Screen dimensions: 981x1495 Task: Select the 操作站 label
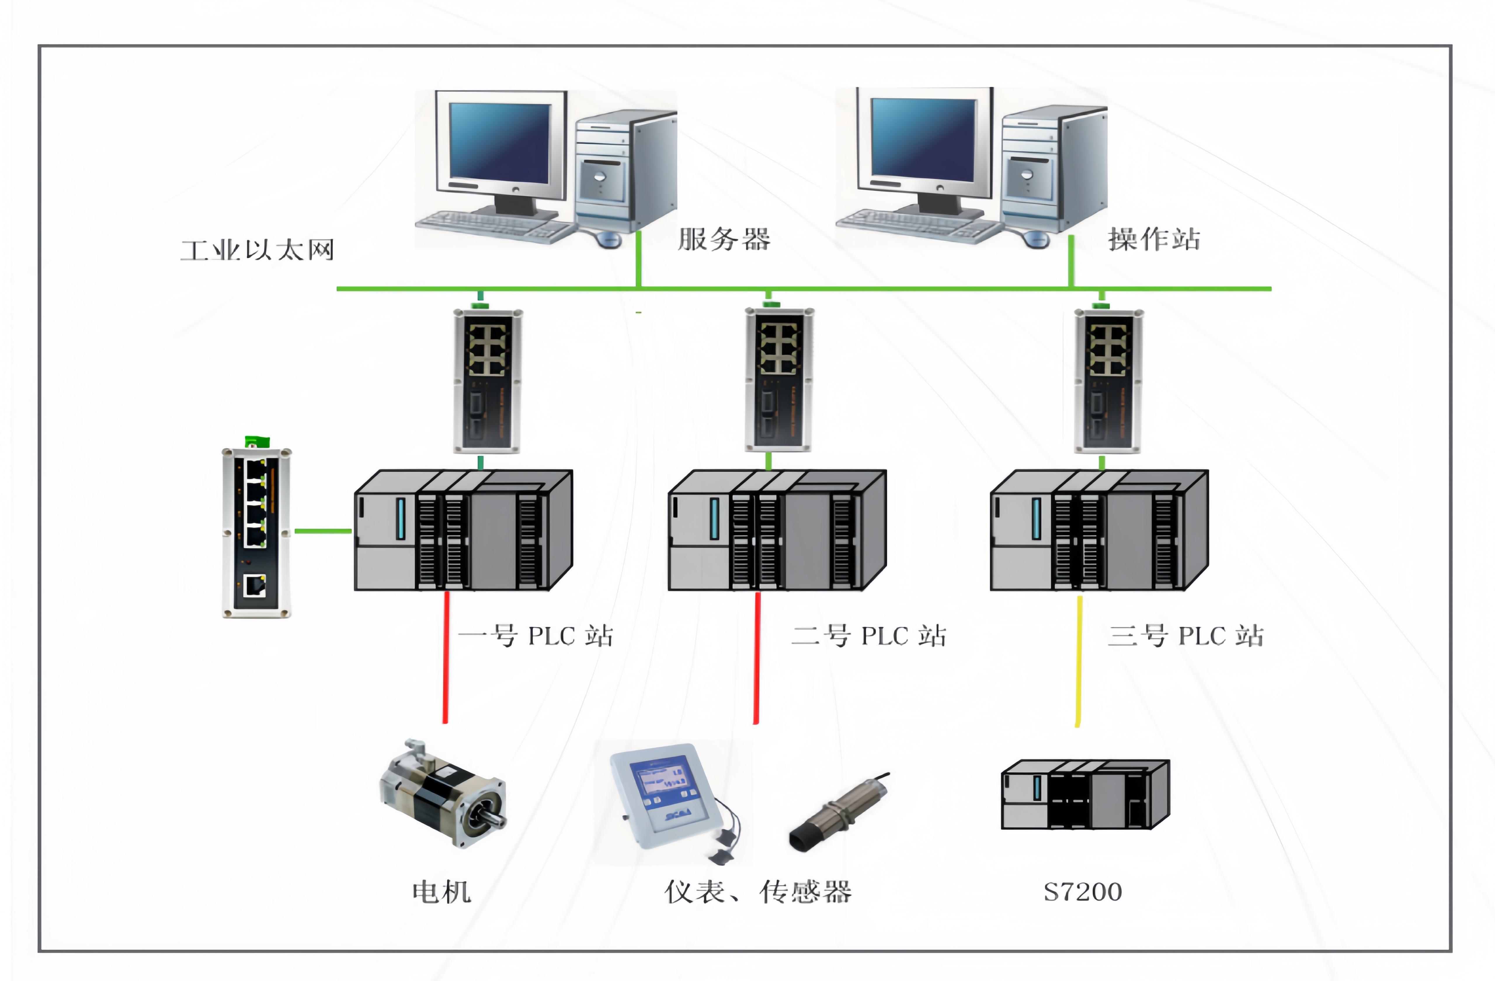[x=1154, y=239]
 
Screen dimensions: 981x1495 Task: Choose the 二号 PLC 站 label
[x=869, y=636]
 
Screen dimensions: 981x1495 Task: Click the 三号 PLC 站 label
[x=1186, y=636]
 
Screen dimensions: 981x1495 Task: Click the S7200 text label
[x=1082, y=892]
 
